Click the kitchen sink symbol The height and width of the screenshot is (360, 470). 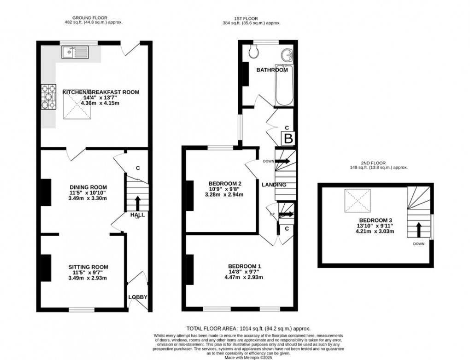tap(73, 52)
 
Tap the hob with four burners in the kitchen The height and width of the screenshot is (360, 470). tap(48, 98)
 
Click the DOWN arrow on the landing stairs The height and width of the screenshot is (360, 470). tap(282, 161)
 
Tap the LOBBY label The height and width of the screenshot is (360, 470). tap(138, 297)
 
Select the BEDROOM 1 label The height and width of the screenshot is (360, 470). tap(245, 266)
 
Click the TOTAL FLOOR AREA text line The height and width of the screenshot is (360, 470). tap(248, 329)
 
